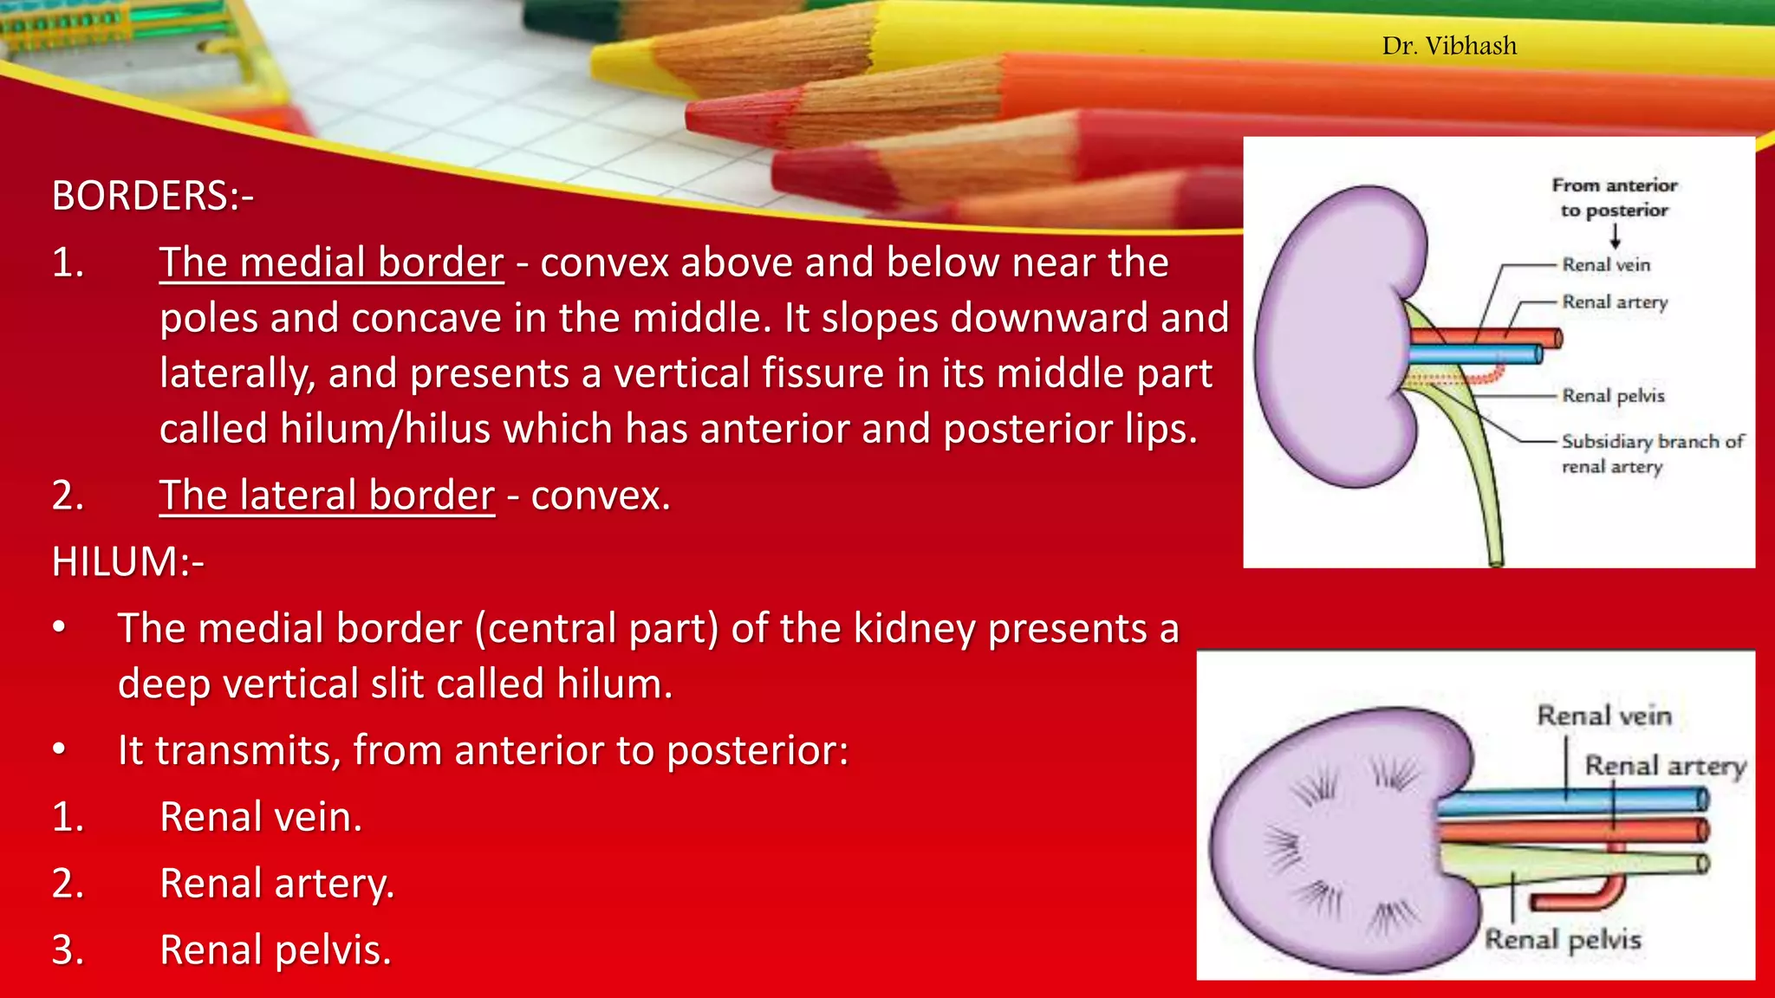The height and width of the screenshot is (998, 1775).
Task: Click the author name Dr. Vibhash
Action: [x=1449, y=46]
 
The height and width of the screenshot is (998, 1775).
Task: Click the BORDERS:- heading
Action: [x=153, y=196]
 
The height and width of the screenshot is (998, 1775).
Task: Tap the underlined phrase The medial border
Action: [x=331, y=262]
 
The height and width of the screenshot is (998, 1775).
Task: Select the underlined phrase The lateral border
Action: [x=327, y=496]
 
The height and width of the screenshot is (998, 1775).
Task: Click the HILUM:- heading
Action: [x=127, y=562]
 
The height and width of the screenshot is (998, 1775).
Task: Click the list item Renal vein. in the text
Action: [x=260, y=817]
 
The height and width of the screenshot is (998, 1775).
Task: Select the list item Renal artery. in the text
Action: [x=276, y=884]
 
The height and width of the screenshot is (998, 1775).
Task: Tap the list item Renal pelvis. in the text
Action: [x=275, y=950]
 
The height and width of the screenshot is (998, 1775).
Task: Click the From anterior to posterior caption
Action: [x=1614, y=198]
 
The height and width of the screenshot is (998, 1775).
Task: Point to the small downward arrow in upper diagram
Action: [x=1616, y=237]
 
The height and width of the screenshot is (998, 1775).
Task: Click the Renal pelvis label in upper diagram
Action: [x=1613, y=396]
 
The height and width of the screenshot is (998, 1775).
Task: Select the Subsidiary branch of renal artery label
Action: [x=1651, y=454]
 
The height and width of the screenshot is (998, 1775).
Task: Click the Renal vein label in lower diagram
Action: [x=1603, y=716]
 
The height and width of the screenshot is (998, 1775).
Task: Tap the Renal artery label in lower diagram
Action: [x=1665, y=767]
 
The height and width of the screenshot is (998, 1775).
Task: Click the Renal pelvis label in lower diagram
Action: [x=1563, y=940]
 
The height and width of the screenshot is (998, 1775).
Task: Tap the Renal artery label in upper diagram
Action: [x=1615, y=302]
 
